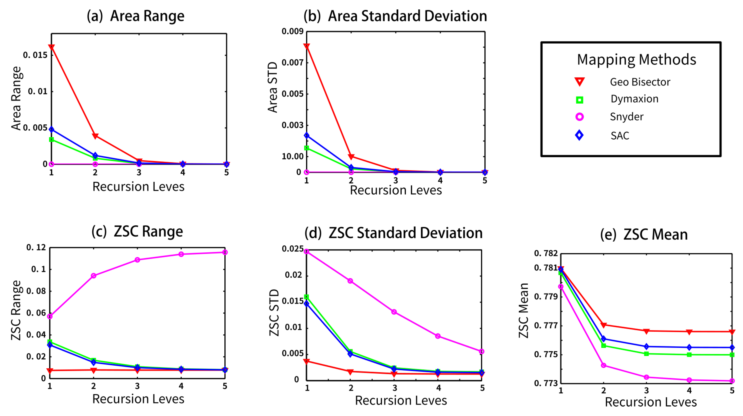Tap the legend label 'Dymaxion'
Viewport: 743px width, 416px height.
(x=634, y=99)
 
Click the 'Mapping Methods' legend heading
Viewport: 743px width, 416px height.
(x=636, y=60)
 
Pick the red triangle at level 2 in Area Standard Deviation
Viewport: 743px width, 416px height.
(x=351, y=157)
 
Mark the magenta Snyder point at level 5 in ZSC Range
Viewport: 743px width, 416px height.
(x=225, y=252)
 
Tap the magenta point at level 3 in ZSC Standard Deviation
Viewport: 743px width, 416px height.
(x=394, y=312)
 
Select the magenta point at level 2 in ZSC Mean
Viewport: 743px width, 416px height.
(x=603, y=365)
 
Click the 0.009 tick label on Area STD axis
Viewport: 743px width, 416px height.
(x=293, y=31)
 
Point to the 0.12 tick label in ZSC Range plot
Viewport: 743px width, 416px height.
(x=36, y=247)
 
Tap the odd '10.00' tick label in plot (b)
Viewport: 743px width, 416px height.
(x=293, y=156)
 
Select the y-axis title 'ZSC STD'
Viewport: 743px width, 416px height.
(x=274, y=313)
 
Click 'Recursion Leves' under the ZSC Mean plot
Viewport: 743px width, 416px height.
(x=651, y=402)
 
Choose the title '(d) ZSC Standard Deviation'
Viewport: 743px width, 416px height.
(x=394, y=233)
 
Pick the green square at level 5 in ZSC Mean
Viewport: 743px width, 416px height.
(x=732, y=355)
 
